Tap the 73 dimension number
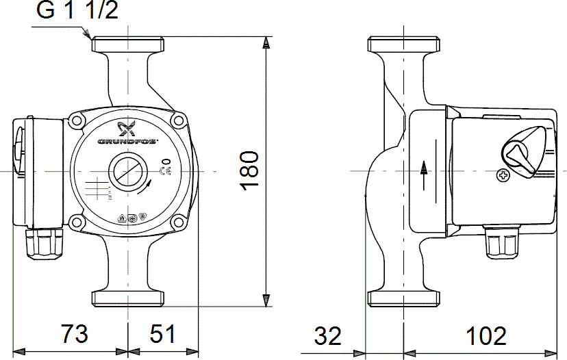coord(74,335)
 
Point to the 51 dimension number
coord(162,335)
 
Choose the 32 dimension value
coord(328,336)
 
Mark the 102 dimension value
coord(486,336)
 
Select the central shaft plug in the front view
coord(127,170)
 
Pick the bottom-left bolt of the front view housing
coord(76,221)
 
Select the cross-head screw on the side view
coord(503,176)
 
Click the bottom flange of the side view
coord(403,298)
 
